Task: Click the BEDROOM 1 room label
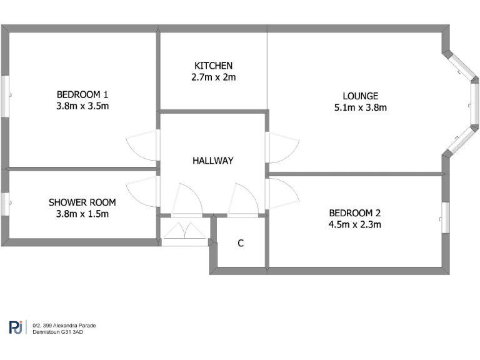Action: coord(82,94)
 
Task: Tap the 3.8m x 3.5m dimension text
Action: coord(82,106)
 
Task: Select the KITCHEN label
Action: coord(213,66)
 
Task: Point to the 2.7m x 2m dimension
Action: coord(213,77)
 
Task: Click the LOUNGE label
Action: coord(360,96)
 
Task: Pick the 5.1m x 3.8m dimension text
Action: coord(360,107)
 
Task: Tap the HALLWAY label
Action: coord(213,161)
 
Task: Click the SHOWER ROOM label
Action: coord(82,202)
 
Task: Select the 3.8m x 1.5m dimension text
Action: coord(82,214)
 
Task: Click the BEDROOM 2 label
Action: coord(354,213)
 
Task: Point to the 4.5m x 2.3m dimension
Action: coord(354,224)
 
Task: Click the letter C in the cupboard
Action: coord(241,244)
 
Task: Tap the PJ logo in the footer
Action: coord(16,327)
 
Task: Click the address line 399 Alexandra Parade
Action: coord(64,325)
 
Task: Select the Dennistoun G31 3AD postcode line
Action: coord(58,332)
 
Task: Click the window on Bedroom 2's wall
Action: coord(446,217)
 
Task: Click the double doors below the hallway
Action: coord(184,232)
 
